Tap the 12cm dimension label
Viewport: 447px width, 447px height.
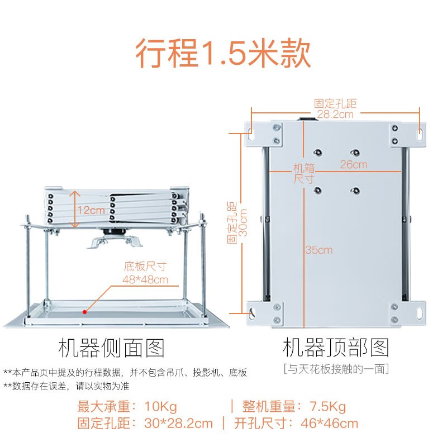tap(91, 210)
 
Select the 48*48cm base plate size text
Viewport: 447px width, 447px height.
tap(145, 279)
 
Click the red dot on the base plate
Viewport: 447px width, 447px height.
tap(84, 311)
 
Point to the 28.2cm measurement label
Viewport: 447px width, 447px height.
tap(335, 115)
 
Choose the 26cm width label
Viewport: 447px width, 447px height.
tap(354, 164)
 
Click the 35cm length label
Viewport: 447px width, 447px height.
tap(318, 250)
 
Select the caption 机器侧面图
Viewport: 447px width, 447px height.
tap(112, 348)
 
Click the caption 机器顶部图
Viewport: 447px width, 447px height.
tap(335, 348)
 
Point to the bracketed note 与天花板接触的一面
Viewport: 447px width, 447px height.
tap(335, 369)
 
